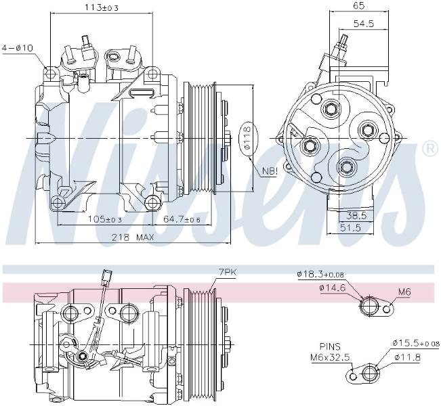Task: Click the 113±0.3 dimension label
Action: [x=102, y=7]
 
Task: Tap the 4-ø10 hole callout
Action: [x=18, y=48]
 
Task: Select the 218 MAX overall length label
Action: [x=133, y=238]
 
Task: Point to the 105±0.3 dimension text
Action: [x=105, y=219]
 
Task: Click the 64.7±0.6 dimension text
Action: [x=182, y=219]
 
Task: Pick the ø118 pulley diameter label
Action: [x=247, y=137]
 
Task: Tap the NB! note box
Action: [x=270, y=171]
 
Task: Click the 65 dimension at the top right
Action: [x=358, y=5]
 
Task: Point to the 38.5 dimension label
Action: [x=356, y=215]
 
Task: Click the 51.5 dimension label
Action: [x=350, y=227]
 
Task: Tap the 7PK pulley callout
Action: [x=227, y=272]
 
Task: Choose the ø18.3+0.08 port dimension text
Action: [x=320, y=274]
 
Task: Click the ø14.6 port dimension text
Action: [x=332, y=288]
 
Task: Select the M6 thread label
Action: [x=404, y=292]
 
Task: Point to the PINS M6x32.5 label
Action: [x=330, y=352]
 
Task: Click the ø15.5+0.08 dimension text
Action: [x=416, y=343]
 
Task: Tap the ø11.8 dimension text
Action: [x=407, y=357]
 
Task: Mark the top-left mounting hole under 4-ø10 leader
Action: [x=51, y=73]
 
